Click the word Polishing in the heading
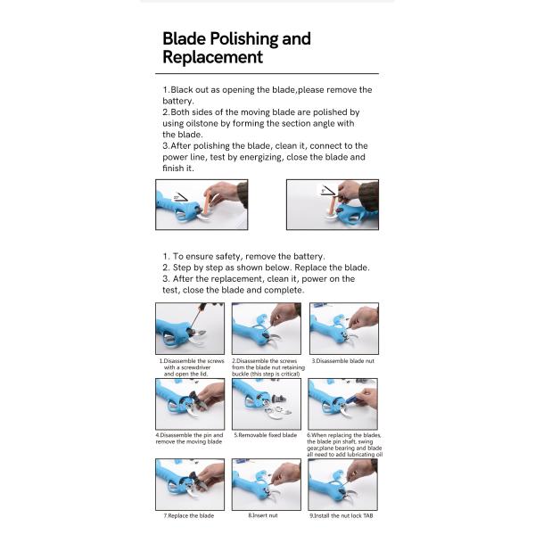244,39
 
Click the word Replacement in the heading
212,57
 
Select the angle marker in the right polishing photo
328,191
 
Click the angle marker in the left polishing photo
180,197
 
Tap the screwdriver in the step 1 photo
197,317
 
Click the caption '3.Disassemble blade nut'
343,361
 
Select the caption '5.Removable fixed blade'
266,435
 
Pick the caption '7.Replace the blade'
189,515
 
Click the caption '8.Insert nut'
263,515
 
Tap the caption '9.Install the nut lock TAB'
342,515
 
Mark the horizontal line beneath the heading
267,73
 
